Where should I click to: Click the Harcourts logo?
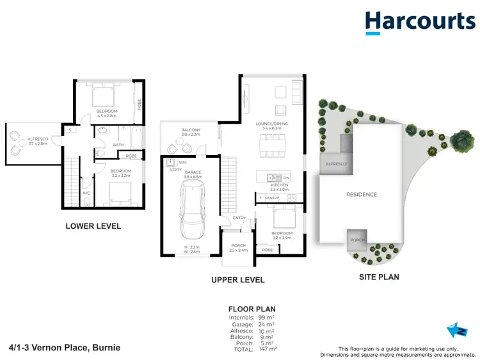(420, 23)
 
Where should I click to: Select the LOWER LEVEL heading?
(93, 226)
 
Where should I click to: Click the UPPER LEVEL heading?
(238, 280)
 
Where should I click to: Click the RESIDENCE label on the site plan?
(362, 194)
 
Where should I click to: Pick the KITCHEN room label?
(279, 185)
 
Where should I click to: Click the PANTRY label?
(272, 199)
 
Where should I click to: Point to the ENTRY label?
(239, 218)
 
